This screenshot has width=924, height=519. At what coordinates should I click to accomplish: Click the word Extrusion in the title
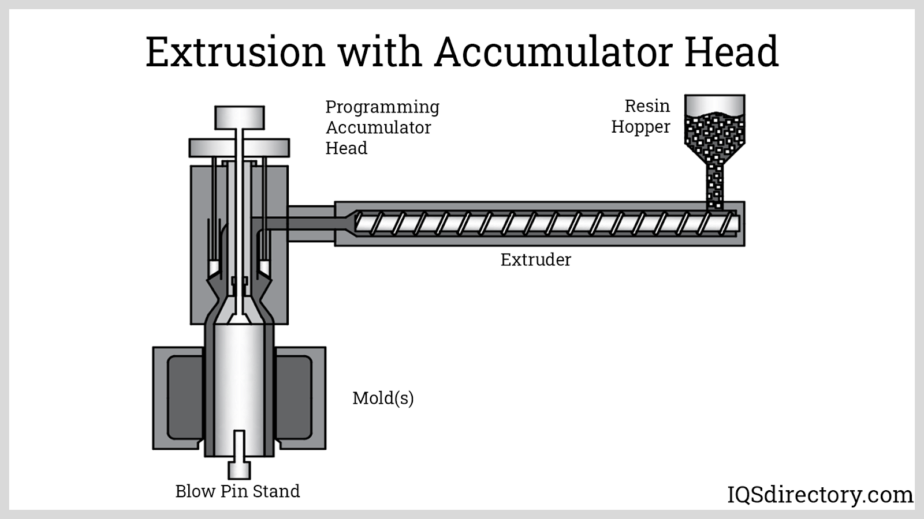(236, 52)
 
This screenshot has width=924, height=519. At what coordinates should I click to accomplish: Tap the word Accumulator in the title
(554, 52)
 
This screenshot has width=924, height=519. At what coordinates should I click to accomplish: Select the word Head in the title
(731, 52)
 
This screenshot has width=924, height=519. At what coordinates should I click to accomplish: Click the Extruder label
(536, 260)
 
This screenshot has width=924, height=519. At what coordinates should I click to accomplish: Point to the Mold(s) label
(383, 398)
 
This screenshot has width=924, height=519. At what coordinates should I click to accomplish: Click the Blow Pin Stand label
(237, 491)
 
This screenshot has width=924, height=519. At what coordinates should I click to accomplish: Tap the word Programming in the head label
(382, 108)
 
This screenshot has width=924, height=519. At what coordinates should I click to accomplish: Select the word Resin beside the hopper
(647, 106)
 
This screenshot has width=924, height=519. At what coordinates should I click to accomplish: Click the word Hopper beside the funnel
(640, 127)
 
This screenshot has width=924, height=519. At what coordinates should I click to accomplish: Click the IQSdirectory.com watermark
(820, 495)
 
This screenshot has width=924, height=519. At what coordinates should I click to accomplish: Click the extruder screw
(547, 224)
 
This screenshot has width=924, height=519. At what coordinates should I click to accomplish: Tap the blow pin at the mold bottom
(239, 454)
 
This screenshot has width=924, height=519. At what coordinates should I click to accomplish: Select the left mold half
(178, 398)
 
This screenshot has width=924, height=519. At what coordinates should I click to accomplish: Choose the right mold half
(300, 398)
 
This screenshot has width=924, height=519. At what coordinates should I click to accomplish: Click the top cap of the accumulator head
(239, 118)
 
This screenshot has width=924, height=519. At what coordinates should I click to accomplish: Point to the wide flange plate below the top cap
(239, 148)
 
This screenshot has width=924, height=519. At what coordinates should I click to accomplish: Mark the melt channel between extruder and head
(301, 224)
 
